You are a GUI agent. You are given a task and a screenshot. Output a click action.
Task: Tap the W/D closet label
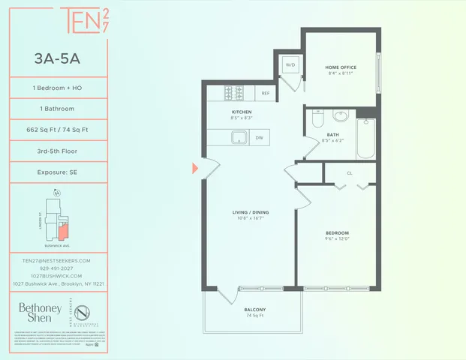(x=290, y=64)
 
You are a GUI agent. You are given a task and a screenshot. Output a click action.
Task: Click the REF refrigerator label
(x=265, y=94)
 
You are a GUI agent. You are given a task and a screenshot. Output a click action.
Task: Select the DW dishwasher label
(x=259, y=137)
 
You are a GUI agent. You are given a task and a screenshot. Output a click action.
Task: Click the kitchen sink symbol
(x=240, y=137)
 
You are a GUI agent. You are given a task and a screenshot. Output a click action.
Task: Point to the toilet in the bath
(x=317, y=119)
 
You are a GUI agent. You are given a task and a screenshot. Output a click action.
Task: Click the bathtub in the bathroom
(x=365, y=138)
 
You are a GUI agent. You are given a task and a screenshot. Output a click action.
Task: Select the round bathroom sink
(x=341, y=116)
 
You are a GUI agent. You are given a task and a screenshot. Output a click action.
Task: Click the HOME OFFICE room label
(x=338, y=66)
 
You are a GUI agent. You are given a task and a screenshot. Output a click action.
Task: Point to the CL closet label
(x=350, y=172)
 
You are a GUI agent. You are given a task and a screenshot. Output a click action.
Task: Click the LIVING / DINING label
(x=251, y=213)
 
